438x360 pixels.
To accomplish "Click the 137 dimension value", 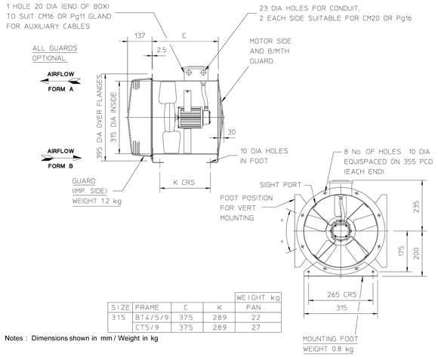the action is [x=140, y=35].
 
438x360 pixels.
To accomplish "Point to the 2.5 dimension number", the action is [x=161, y=50].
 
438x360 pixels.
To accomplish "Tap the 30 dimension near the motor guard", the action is [x=232, y=132].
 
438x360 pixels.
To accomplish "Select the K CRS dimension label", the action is [x=184, y=182].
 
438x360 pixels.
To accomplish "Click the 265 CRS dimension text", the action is [x=342, y=294].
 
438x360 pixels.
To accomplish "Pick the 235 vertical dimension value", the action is [x=416, y=207].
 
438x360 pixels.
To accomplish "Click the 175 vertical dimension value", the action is [x=401, y=251].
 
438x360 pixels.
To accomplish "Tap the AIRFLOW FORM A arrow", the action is [x=60, y=81].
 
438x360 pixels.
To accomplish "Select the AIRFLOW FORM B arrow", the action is [x=61, y=158].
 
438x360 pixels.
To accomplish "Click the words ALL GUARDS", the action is [x=54, y=48].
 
